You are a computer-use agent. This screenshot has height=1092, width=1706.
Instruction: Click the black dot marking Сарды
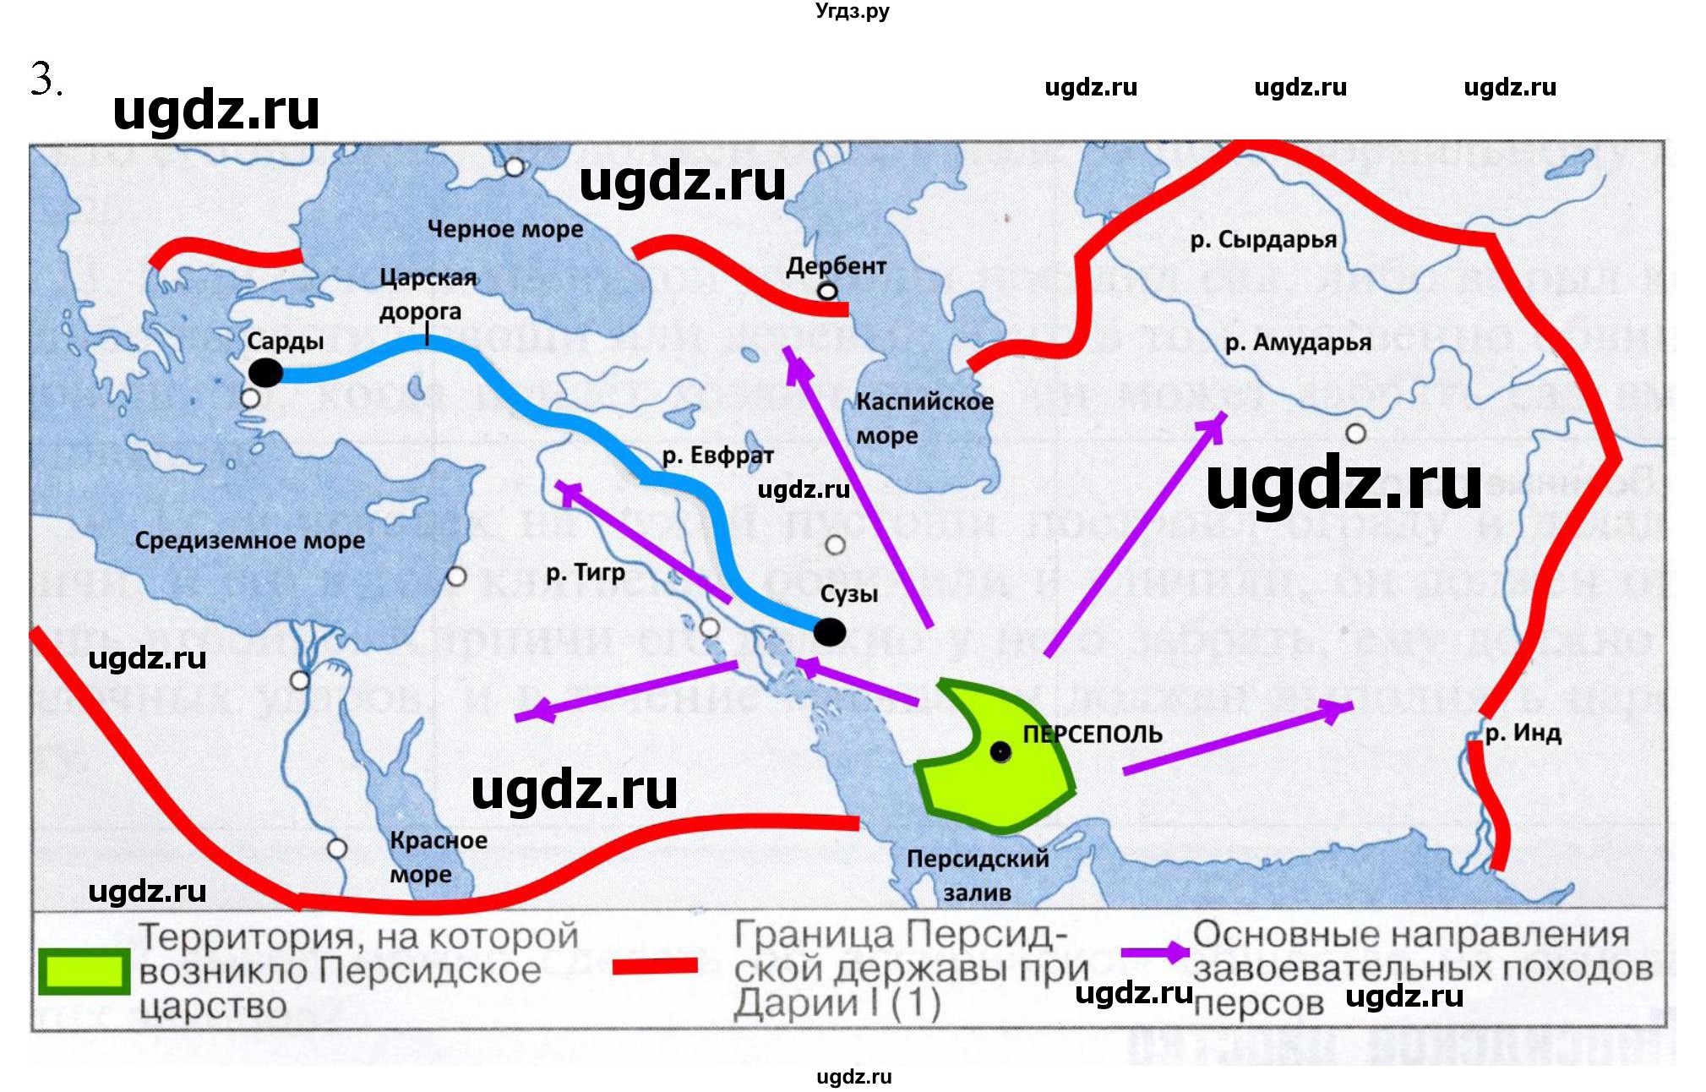(265, 372)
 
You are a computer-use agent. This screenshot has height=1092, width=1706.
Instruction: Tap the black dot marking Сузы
(829, 631)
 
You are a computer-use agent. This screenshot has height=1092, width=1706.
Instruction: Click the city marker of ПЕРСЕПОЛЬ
(1000, 751)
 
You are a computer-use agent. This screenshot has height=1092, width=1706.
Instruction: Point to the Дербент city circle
(827, 292)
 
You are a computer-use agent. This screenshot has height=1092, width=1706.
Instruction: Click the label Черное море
(504, 229)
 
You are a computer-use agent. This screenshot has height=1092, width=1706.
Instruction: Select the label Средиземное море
(250, 540)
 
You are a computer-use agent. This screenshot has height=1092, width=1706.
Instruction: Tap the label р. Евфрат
(717, 456)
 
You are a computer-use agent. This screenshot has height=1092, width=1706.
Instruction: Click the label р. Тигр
(586, 572)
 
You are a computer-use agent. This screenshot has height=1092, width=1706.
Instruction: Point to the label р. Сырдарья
(1263, 240)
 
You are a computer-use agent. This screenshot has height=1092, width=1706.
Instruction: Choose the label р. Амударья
(1298, 342)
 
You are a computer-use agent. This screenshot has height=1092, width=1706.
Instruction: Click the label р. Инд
(1523, 733)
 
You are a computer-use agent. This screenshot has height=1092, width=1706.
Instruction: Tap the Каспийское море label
(924, 418)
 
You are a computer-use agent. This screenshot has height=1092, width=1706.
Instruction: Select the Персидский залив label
(978, 875)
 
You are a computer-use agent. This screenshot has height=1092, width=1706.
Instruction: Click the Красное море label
(438, 856)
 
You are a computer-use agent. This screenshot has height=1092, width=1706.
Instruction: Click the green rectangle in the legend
(84, 970)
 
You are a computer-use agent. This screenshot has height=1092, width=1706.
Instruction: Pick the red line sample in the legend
(655, 965)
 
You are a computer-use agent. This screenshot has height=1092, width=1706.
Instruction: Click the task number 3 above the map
(45, 80)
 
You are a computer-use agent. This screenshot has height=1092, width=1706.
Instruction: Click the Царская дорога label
(427, 294)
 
